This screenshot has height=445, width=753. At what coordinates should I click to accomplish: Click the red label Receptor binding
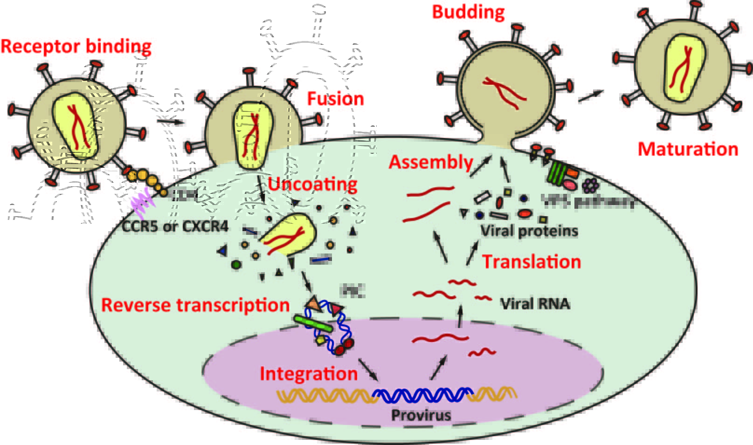pyautogui.click(x=76, y=47)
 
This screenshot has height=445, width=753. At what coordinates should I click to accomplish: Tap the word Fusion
pyautogui.click(x=335, y=99)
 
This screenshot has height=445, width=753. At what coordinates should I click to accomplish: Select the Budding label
pyautogui.click(x=468, y=12)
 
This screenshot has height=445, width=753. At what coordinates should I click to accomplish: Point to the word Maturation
pyautogui.click(x=688, y=149)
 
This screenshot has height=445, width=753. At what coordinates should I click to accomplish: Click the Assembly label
pyautogui.click(x=431, y=162)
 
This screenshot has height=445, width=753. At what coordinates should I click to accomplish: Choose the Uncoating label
pyautogui.click(x=312, y=185)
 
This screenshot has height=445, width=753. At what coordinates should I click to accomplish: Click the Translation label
pyautogui.click(x=532, y=262)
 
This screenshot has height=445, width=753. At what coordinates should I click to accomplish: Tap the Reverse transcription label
pyautogui.click(x=195, y=305)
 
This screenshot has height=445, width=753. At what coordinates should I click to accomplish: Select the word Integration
pyautogui.click(x=309, y=374)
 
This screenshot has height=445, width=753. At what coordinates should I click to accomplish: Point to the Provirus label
pyautogui.click(x=421, y=415)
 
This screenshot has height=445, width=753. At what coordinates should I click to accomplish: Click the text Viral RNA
pyautogui.click(x=535, y=304)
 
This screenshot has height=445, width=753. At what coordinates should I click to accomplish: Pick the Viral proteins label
pyautogui.click(x=529, y=231)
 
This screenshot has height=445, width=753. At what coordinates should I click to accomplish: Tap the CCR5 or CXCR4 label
pyautogui.click(x=175, y=227)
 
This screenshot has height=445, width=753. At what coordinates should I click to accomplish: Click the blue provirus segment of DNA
pyautogui.click(x=422, y=395)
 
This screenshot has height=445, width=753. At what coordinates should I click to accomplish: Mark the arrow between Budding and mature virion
pyautogui.click(x=590, y=96)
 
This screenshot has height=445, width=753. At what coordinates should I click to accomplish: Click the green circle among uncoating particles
pyautogui.click(x=236, y=265)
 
